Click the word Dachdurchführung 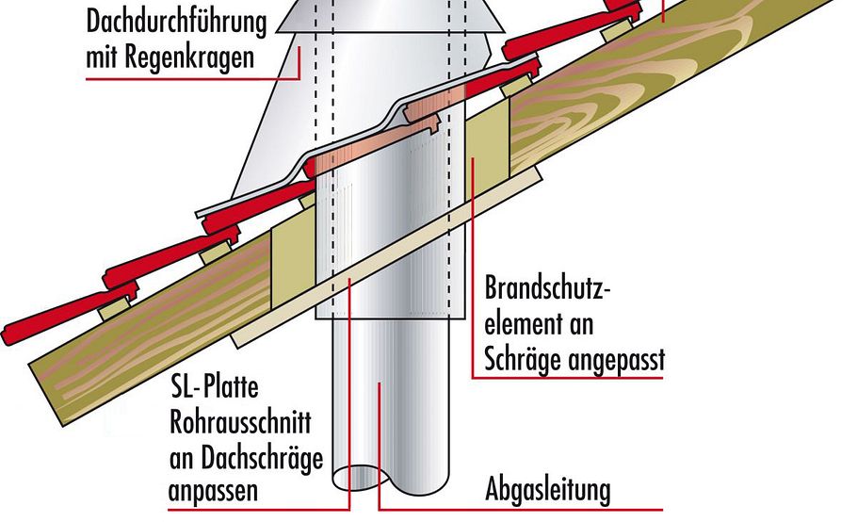[176, 20]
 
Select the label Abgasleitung [548, 490]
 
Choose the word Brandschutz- [548, 289]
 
